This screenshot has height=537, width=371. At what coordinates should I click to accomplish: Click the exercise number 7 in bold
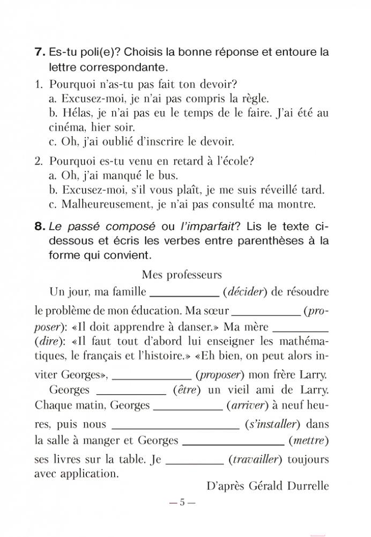coord(39,53)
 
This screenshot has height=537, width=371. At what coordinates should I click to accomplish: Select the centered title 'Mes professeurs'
coord(182,274)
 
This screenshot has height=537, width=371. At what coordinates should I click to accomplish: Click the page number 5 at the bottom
coord(182,503)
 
